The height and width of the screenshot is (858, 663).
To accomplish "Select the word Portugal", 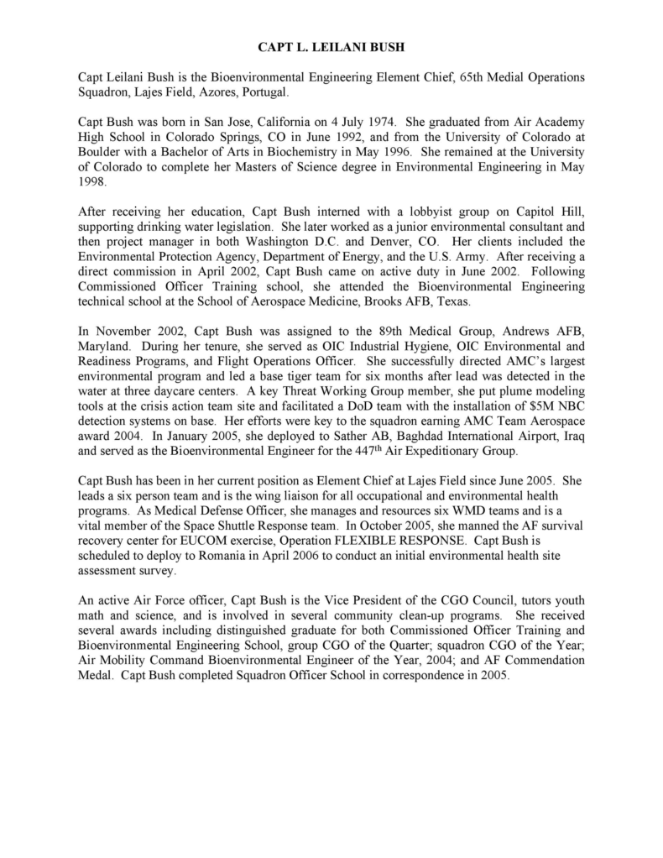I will coord(264,92).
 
